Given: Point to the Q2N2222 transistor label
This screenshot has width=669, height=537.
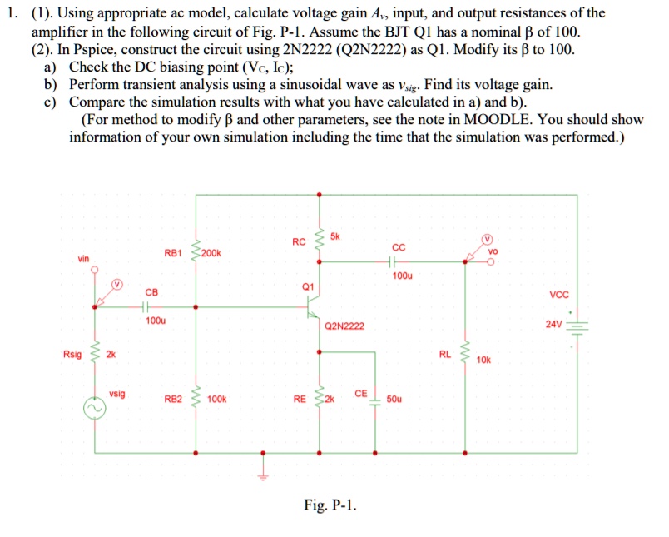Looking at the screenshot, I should click(344, 326).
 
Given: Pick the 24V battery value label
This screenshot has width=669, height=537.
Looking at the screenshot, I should click(554, 324).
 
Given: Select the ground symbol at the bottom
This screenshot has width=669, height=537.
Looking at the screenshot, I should click(265, 475).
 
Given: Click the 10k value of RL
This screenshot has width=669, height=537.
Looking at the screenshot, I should click(484, 360).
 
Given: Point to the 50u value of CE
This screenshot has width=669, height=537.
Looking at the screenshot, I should click(394, 400).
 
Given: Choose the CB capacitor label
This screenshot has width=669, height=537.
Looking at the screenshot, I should click(151, 291).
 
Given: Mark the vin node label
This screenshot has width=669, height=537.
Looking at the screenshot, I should click(84, 259).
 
